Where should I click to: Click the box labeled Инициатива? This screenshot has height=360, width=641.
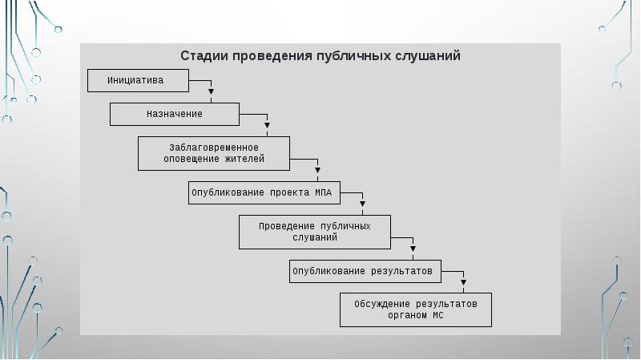pos(138,81)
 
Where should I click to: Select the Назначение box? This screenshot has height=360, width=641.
pos(175,114)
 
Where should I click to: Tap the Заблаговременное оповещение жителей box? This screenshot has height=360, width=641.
pos(214,153)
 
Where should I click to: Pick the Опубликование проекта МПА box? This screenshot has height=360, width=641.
pos(264,192)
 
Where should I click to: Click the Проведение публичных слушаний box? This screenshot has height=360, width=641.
pos(315,232)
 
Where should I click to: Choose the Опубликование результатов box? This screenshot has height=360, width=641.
pos(365,271)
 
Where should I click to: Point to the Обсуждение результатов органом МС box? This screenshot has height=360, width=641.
pos(416,309)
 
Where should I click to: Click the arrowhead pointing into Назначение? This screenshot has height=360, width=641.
pos(211,91)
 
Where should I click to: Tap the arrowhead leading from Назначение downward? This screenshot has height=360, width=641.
pos(267,125)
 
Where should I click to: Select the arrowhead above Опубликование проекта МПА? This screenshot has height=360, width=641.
pos(317,170)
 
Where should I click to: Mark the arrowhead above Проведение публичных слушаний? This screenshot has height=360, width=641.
pos(363,204)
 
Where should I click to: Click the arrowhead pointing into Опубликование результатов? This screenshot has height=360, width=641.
pos(413,249)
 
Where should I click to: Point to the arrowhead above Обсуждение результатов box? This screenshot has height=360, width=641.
pos(464,282)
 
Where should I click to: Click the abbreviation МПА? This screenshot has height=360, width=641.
pos(323,192)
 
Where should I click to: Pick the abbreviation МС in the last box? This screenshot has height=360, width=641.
pos(437,315)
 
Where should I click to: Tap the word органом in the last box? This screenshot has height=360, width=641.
pos(408,315)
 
